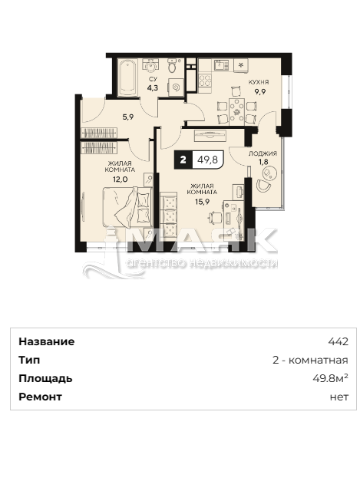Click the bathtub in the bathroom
pos(128,77)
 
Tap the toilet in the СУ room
pos(173,66)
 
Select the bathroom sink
pos(150,66)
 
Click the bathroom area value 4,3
pos(153,87)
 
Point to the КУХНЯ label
pos(259,82)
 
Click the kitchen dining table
pos(236,111)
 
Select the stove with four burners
pos(205,81)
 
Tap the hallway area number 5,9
pos(128,117)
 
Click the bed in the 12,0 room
pos(127,206)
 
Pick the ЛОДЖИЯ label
pos(263,154)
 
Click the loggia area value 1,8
pos(263,162)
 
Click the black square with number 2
pos(183,160)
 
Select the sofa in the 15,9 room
pos(168,216)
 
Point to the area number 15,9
pos(202,202)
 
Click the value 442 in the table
pos(338,341)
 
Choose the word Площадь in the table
pos(45,379)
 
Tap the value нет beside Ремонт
pos(339,397)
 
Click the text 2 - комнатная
pos(310,360)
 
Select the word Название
pos(46,341)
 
